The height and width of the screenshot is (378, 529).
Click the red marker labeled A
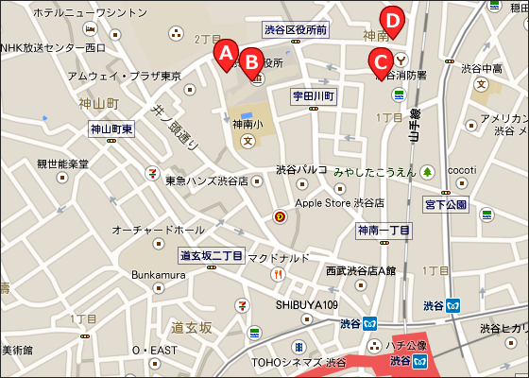225,53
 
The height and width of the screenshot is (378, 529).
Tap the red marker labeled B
251,61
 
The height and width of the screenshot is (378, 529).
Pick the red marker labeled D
391,18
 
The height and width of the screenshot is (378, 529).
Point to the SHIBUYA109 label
307,304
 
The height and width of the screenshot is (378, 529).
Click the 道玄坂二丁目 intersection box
212,256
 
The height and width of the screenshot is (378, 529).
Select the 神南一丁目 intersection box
384,231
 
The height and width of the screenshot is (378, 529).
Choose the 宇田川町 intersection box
314,96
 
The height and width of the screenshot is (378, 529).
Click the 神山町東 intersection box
112,129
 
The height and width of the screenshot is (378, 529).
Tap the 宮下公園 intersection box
446,204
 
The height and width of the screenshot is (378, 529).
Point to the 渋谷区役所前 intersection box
296,30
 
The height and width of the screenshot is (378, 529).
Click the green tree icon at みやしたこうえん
427,172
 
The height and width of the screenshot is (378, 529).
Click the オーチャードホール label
158,230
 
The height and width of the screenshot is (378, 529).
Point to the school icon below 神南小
248,141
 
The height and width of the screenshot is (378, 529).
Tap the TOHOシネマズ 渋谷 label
299,362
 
